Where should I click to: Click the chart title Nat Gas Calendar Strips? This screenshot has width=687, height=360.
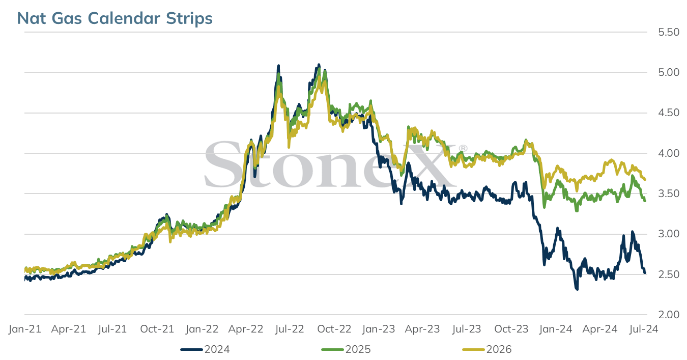(x=114, y=18)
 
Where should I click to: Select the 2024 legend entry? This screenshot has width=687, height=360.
(x=205, y=349)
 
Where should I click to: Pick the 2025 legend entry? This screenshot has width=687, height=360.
(x=346, y=349)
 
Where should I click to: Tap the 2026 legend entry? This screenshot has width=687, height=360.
(x=487, y=349)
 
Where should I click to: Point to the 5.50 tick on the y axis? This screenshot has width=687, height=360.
(x=669, y=32)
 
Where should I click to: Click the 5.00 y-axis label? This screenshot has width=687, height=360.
(x=669, y=72)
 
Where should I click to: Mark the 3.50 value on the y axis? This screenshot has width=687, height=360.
(x=669, y=193)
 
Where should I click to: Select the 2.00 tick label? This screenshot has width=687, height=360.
(x=669, y=315)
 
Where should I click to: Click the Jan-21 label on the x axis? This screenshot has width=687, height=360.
(x=25, y=329)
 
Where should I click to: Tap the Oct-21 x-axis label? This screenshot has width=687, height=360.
(x=157, y=329)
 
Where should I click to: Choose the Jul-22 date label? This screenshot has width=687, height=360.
(x=290, y=329)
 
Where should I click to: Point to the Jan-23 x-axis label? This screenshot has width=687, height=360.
(x=379, y=329)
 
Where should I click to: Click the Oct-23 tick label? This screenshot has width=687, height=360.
(x=511, y=329)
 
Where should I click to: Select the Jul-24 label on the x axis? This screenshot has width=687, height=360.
(x=644, y=329)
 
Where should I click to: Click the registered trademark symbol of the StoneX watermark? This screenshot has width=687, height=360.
(x=463, y=149)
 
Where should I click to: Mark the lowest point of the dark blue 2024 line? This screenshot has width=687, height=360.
(x=577, y=289)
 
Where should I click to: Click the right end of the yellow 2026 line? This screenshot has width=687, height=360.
(x=645, y=180)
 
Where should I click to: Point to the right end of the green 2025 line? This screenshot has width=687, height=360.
(x=645, y=201)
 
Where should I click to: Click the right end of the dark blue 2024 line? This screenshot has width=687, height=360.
(x=645, y=273)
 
